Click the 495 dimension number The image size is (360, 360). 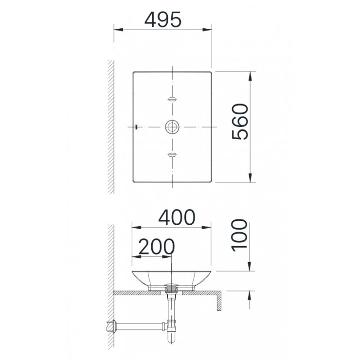coord(163,19)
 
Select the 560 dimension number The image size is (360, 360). coord(240,122)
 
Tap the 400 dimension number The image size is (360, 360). coord(173,217)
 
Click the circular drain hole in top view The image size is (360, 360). coord(172,126)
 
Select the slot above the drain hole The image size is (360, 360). coord(172,99)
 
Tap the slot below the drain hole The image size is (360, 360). coord(172,155)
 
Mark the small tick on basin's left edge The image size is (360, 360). coord(137,126)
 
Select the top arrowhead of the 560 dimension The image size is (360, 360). coord(251,75)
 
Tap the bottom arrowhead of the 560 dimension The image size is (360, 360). coord(251,178)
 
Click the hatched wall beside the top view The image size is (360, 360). coord(111,126)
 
